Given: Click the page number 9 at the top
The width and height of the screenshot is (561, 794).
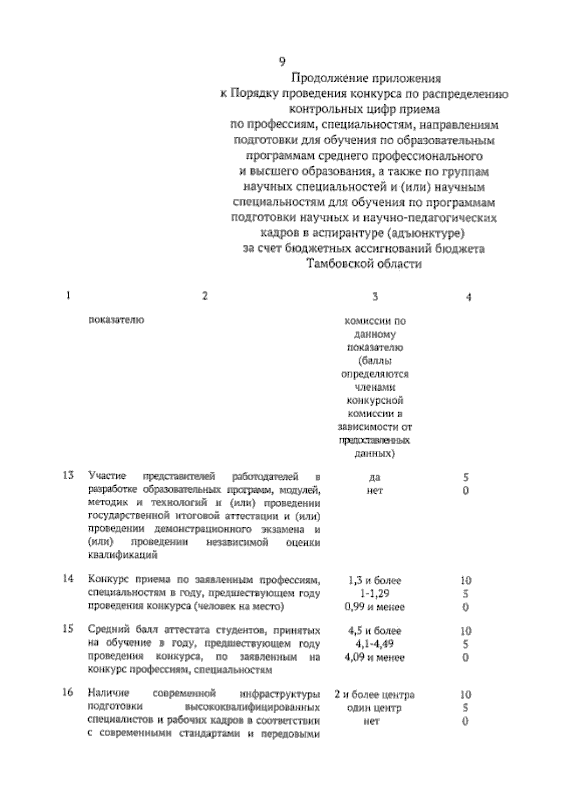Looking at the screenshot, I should click(x=282, y=61).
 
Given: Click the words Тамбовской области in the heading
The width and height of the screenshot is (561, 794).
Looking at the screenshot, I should click(x=365, y=264).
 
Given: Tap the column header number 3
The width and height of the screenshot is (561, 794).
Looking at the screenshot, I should click(x=375, y=297).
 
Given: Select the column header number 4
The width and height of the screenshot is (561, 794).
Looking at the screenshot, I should click(x=468, y=297).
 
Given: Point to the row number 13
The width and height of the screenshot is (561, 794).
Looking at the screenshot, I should click(x=68, y=476).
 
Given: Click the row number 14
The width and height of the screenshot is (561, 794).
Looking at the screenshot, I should click(x=68, y=579).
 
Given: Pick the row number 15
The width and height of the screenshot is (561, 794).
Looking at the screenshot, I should click(x=68, y=629).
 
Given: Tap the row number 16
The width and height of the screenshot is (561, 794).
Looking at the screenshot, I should click(x=68, y=692).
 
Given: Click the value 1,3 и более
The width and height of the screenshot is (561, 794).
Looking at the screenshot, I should click(x=374, y=581).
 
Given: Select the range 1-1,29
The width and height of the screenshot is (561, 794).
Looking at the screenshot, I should click(x=374, y=594).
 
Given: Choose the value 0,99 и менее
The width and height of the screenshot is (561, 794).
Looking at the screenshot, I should click(x=374, y=607).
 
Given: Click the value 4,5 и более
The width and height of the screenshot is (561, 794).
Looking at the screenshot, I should click(x=374, y=631).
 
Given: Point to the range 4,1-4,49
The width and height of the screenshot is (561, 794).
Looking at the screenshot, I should click(x=374, y=644).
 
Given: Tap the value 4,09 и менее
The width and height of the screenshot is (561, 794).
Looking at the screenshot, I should click(x=374, y=658).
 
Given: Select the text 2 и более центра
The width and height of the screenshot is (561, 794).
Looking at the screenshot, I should click(x=374, y=695).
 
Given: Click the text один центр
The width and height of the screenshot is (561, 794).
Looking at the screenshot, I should click(x=374, y=708).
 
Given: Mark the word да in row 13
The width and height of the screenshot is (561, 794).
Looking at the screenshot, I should click(x=374, y=478).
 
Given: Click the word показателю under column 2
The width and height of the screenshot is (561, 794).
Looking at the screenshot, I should click(x=116, y=320).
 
